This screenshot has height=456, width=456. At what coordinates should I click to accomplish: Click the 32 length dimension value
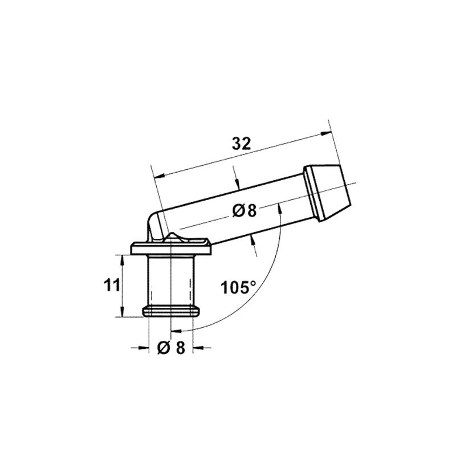pyautogui.click(x=241, y=144)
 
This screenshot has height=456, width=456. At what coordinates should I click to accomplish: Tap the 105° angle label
pyautogui.click(x=238, y=288)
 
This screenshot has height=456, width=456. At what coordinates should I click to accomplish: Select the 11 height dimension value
pyautogui.click(x=112, y=285)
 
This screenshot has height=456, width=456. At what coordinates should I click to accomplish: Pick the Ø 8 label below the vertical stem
pyautogui.click(x=171, y=348)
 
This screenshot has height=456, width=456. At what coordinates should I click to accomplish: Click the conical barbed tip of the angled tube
pyautogui.click(x=328, y=193)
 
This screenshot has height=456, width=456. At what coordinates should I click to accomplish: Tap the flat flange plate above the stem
pyautogui.click(x=171, y=248)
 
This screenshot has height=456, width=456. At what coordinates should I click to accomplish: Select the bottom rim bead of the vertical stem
pyautogui.click(x=171, y=311)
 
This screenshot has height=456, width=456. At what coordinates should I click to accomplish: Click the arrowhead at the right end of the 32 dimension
pyautogui.click(x=325, y=133)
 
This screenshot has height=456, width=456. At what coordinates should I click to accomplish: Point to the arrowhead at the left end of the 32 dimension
pyautogui.click(x=160, y=176)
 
